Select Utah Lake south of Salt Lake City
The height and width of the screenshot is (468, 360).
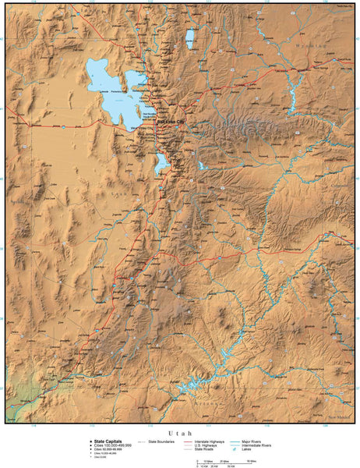coord(161,163)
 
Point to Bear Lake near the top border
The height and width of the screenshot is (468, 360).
coord(190,37)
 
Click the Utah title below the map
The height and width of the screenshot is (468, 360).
coord(179,431)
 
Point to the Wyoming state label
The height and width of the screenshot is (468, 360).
coord(311,48)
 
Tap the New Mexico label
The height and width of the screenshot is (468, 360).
coord(340,417)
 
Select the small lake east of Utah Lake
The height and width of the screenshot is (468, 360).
coord(203,165)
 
